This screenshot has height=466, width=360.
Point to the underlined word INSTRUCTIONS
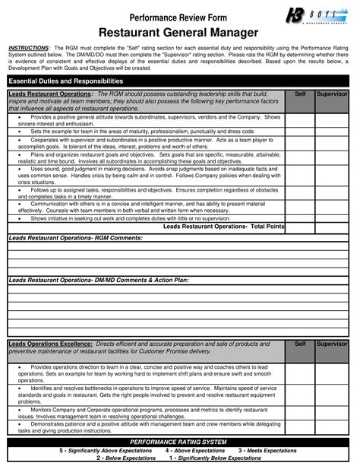coord(27,47)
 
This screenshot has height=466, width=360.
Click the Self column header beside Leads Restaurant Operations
coord(300,93)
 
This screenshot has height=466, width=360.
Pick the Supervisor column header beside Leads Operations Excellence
coord(332,344)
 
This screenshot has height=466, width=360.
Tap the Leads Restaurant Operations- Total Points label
coord(224,227)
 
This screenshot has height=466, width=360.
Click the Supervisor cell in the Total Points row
coord(332,227)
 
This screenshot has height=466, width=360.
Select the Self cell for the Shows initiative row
coord(300,218)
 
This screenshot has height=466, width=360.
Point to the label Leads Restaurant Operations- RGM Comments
coord(76,238)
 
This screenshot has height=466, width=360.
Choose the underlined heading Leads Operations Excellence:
coord(50,344)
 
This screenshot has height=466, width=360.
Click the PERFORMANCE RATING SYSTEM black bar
coord(179,442)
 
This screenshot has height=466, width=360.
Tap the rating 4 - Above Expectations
coord(195,450)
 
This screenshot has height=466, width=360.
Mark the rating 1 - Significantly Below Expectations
coord(215,458)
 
